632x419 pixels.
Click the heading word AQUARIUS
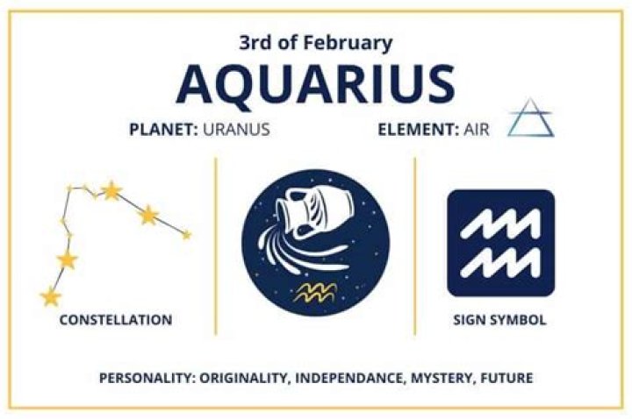coord(315,83)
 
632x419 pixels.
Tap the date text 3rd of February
coord(315,42)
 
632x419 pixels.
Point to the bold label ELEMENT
coord(413,130)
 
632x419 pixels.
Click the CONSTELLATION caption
coord(115,320)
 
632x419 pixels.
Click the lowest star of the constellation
coord(50,297)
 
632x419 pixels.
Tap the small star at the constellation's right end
coord(186,235)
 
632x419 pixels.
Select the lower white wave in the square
coord(501,259)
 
